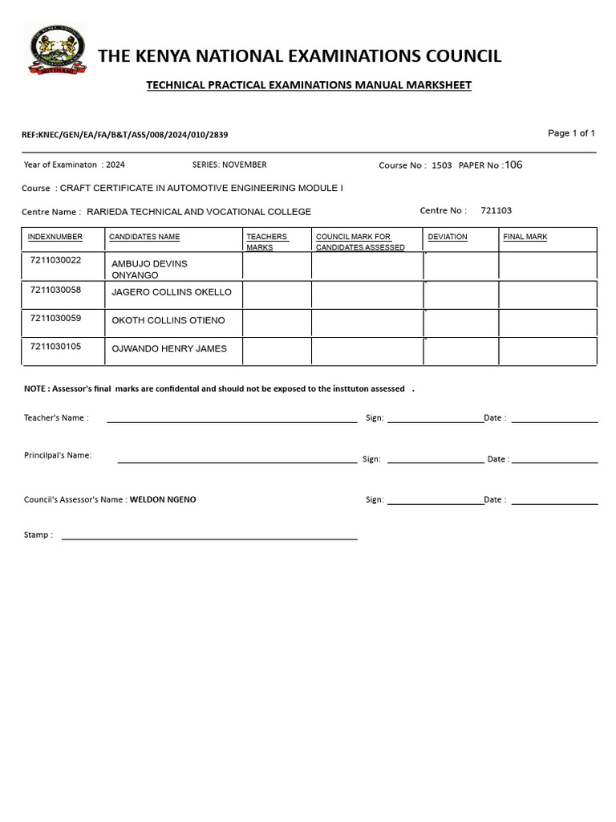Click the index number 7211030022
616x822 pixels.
pos(55,260)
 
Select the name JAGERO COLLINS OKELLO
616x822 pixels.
pos(171,292)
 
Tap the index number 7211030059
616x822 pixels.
pos(55,318)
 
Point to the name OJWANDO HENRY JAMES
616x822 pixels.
pos(168,348)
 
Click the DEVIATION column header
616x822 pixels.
pos(448,237)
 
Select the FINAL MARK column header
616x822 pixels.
pos(525,237)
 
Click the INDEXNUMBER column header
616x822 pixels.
pos(55,237)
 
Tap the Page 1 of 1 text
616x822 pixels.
pos(571,133)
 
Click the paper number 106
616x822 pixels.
pos(513,165)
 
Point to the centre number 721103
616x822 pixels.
pos(496,210)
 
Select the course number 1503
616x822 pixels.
pos(441,165)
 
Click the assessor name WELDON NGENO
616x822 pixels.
pos(163,499)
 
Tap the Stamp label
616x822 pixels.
pos(38,535)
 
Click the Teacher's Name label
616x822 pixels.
pos(56,417)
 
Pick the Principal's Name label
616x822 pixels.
pos(58,455)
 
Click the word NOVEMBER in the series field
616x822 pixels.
pos(244,165)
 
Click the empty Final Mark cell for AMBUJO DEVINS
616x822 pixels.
pos(547,267)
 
